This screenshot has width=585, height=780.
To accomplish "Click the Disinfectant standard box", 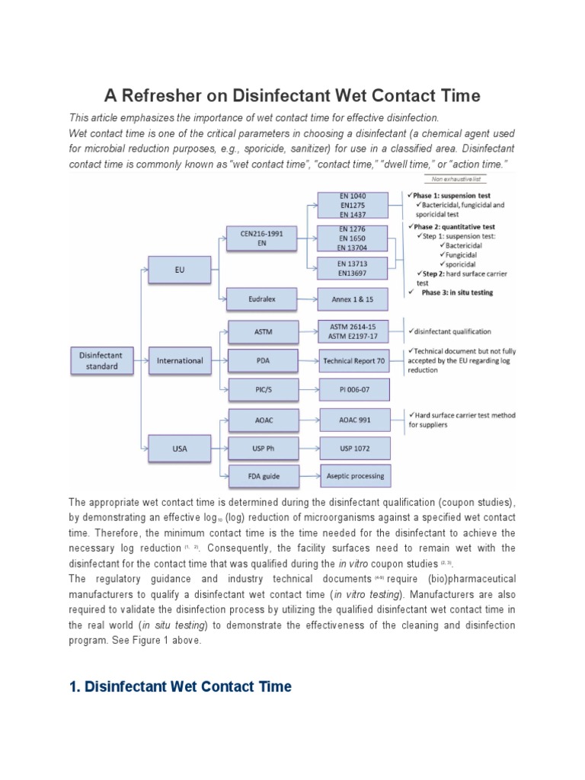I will [x=101, y=360].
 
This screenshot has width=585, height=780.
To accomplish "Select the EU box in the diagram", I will [x=180, y=270].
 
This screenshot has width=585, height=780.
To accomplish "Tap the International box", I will [x=180, y=360].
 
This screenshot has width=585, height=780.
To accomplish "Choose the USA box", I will [x=180, y=449].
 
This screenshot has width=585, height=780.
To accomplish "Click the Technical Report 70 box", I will [x=354, y=360].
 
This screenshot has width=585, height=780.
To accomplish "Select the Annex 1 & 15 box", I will [x=354, y=299].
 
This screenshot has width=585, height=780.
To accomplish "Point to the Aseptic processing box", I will [x=354, y=476].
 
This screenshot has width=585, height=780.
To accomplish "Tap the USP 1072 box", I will [x=354, y=448].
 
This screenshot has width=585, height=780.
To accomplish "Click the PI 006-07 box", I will [x=354, y=389].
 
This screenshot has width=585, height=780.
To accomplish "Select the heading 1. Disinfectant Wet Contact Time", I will [x=180, y=686].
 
